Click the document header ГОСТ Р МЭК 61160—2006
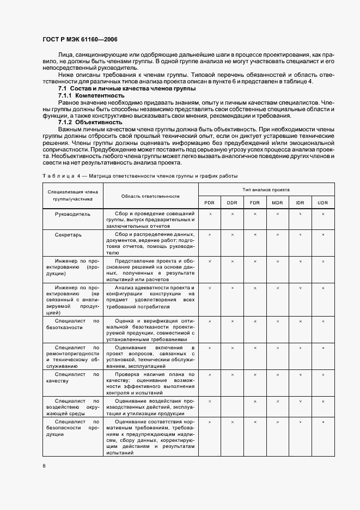pos(80,39)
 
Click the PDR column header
pos(209,203)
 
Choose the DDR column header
pos(232,203)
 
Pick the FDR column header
pos(254,203)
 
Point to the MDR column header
pos(277,203)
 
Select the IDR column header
pos(300,203)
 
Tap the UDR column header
pos(323,203)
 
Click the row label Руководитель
pos(72,214)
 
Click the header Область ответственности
pos(150,196)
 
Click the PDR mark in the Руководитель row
pos(210,214)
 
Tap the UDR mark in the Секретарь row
pos(323,234)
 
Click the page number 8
pos(44,466)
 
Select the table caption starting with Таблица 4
pos(140,175)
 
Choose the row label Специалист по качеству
pos(72,378)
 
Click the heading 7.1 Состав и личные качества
pos(127,88)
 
